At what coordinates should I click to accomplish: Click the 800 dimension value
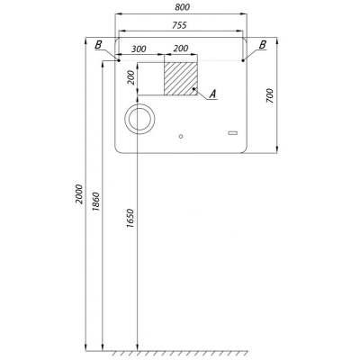[x=182, y=7]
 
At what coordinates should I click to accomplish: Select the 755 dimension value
[x=179, y=25]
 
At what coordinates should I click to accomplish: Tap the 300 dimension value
[x=139, y=49]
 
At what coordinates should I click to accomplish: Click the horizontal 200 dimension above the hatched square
[x=181, y=49]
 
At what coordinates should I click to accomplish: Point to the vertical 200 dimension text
[x=132, y=78]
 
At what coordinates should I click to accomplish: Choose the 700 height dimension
[x=270, y=96]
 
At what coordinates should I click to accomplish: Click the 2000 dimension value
[x=79, y=194]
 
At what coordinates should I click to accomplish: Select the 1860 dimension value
[x=96, y=202]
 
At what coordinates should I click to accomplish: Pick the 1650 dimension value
[x=130, y=218]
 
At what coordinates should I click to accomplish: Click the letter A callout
[x=212, y=94]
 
